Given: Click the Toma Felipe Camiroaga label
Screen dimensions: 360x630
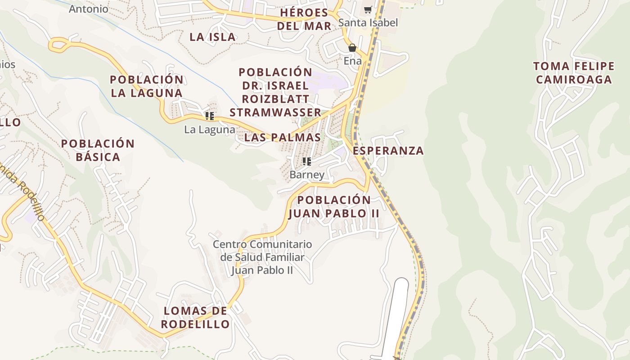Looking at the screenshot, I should (574, 73).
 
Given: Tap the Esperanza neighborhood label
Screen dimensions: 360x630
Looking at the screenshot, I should (388, 151).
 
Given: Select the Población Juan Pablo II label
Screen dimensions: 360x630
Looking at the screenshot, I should (334, 207).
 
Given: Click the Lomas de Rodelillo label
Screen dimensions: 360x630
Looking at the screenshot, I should (195, 317).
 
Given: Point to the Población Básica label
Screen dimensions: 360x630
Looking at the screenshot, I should (98, 150).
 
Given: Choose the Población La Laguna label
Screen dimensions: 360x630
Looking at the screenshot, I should (147, 86).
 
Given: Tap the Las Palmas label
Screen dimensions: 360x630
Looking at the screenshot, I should (283, 137).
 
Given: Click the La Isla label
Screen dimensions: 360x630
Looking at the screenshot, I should (212, 37).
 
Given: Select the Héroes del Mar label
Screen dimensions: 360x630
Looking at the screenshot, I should (304, 19).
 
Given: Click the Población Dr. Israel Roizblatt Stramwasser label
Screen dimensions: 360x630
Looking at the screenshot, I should (275, 92).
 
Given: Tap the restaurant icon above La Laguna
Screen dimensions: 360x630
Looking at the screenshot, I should (209, 116).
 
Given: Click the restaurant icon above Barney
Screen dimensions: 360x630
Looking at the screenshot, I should (307, 161).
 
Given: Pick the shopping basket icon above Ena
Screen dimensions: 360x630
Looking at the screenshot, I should (352, 48).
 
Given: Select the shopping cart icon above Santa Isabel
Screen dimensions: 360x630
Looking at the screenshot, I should (368, 9).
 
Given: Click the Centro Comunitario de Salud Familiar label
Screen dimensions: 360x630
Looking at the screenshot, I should (262, 257).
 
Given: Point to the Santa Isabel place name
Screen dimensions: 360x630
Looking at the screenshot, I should (368, 22).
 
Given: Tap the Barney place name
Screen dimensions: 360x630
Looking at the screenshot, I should (307, 175).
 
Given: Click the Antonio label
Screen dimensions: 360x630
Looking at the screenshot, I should (89, 9).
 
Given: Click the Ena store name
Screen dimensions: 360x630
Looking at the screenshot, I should (352, 61).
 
